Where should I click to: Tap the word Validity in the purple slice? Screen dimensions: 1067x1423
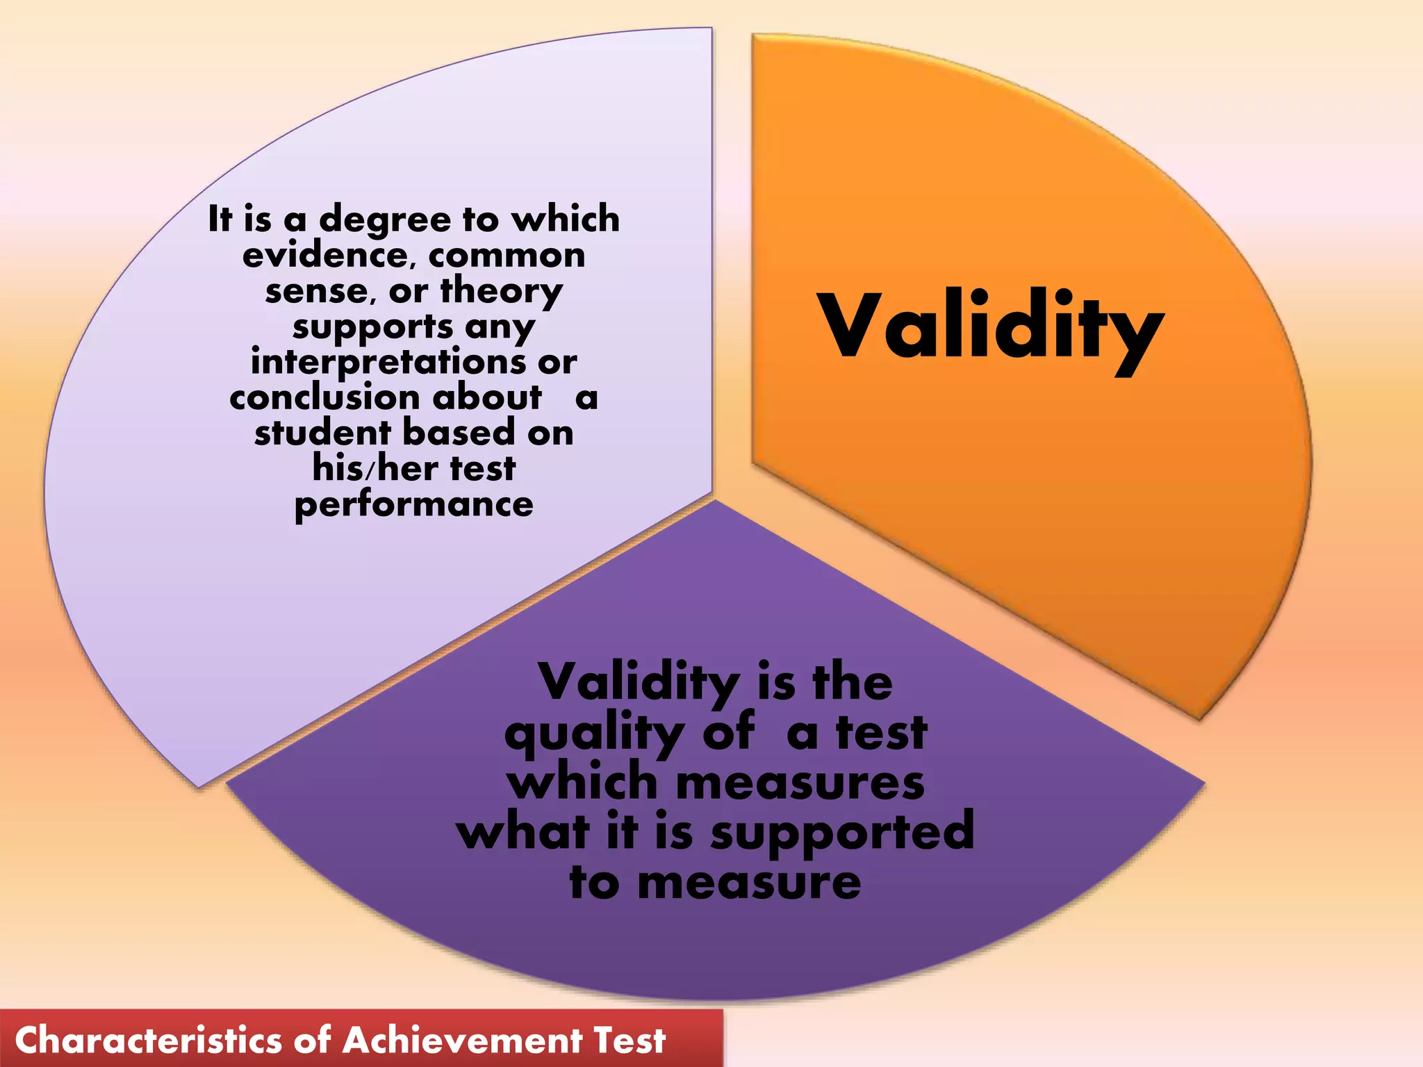click(x=639, y=684)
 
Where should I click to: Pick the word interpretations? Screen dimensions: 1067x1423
click(x=388, y=363)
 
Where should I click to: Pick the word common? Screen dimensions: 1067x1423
click(x=507, y=256)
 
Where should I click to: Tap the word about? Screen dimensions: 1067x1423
click(x=487, y=398)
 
